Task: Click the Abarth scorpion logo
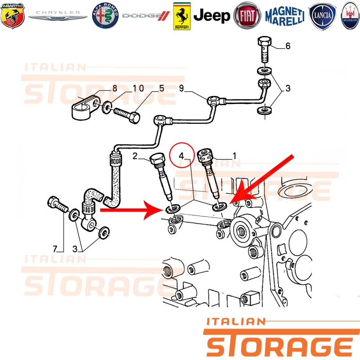click(x=13, y=16)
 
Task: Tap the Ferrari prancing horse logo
click(x=182, y=16)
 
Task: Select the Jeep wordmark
click(x=211, y=16)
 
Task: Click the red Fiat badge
click(x=247, y=16)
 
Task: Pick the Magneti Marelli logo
click(x=285, y=16)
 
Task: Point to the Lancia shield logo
click(x=322, y=16)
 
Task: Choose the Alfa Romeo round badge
click(x=105, y=16)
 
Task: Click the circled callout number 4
click(x=182, y=156)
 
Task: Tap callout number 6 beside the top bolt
click(x=288, y=46)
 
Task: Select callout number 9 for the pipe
click(x=181, y=88)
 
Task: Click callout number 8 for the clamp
click(x=115, y=88)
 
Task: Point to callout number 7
click(x=55, y=249)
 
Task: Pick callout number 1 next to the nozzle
click(x=234, y=156)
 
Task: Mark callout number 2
click(x=135, y=156)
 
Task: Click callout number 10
click(x=138, y=88)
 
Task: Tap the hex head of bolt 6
click(x=265, y=41)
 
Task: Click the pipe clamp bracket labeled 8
click(x=85, y=107)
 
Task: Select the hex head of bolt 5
click(x=134, y=117)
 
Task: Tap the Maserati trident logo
click(x=350, y=16)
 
